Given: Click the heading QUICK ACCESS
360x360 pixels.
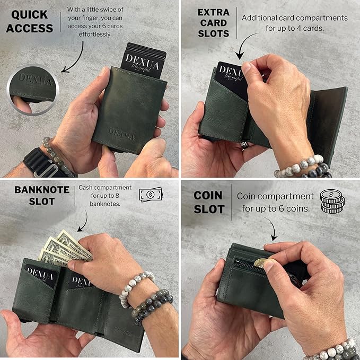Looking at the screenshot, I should tap(30, 21).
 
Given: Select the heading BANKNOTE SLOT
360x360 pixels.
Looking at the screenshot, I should tap(34, 195).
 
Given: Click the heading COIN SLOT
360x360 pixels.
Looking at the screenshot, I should tap(208, 202).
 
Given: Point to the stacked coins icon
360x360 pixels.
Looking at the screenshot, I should tap(332, 201).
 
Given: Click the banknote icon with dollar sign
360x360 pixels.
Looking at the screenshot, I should tap(151, 195).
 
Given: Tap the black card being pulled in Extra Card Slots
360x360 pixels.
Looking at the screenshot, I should tap(231, 77).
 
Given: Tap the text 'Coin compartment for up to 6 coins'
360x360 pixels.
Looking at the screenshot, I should tap(275, 202).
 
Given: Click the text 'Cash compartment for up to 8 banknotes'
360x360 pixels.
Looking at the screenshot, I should tap(105, 195).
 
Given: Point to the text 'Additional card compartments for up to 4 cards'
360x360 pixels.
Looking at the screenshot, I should tap(294, 23).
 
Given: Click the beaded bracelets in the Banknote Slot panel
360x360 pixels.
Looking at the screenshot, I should tap(143, 297).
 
